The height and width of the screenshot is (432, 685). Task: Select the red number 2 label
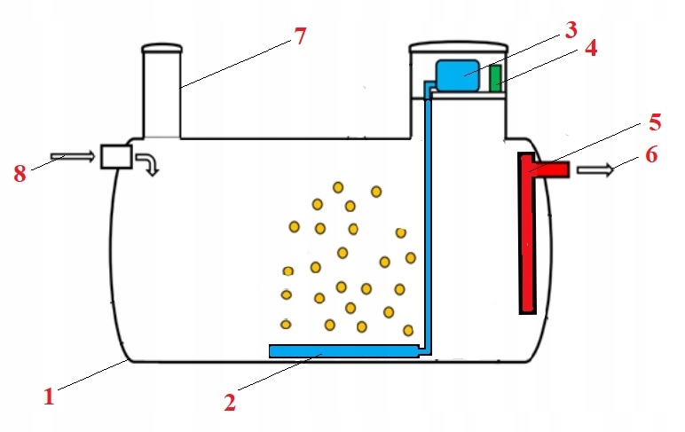pos(230,402)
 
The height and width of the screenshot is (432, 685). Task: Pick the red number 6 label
pos(651,153)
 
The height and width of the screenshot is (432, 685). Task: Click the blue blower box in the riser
pos(458,75)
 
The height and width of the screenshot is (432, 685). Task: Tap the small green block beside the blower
pos(496,78)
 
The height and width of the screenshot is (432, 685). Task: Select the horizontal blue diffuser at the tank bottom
pos(342,352)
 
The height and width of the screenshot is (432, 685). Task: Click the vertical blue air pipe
pos(427,222)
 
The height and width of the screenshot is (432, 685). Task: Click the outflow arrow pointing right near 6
pos(594,170)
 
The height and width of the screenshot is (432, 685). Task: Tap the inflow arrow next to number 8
pos(73,157)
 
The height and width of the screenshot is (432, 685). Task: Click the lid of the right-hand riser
pos(457,45)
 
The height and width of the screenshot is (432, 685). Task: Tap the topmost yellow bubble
pos(338,186)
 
